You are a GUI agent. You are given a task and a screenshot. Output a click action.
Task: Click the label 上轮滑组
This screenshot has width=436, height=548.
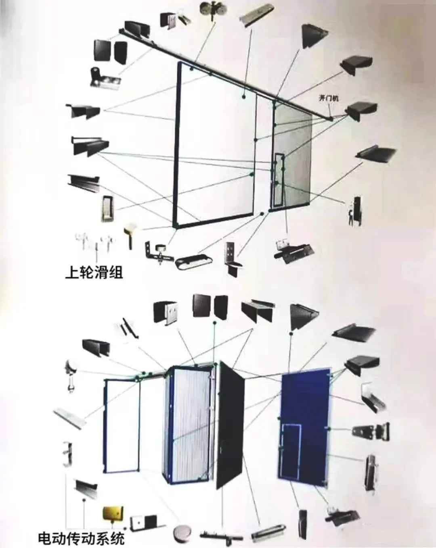94,273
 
